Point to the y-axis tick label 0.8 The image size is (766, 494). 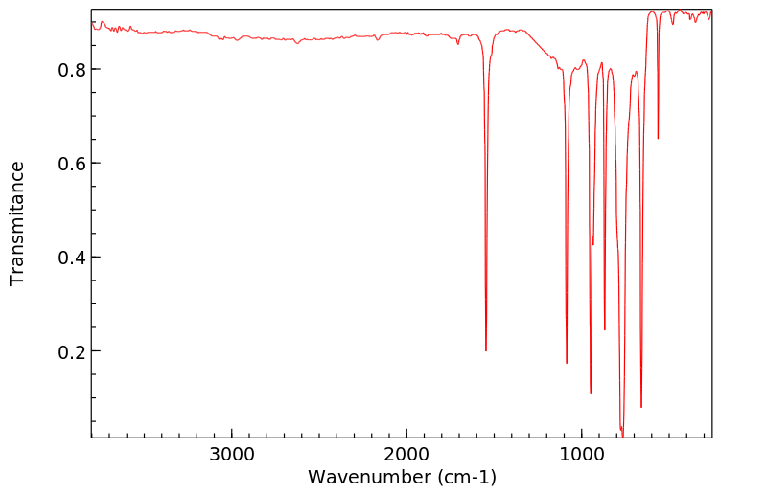[x=72, y=70]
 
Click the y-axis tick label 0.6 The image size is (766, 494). [x=72, y=164]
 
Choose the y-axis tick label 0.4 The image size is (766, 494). [x=72, y=258]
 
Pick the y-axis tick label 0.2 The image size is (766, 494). [x=72, y=351]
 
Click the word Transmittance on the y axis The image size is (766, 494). [x=17, y=223]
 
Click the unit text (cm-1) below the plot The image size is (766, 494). [x=463, y=477]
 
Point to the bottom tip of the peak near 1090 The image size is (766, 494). [x=567, y=363]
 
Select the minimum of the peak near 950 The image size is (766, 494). [x=591, y=393]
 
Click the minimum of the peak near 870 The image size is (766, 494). [x=604, y=330]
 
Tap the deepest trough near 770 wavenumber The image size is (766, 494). [x=622, y=434]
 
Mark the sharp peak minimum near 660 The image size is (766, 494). [x=641, y=407]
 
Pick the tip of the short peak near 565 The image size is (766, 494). [x=658, y=139]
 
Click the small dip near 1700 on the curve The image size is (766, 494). [x=458, y=43]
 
